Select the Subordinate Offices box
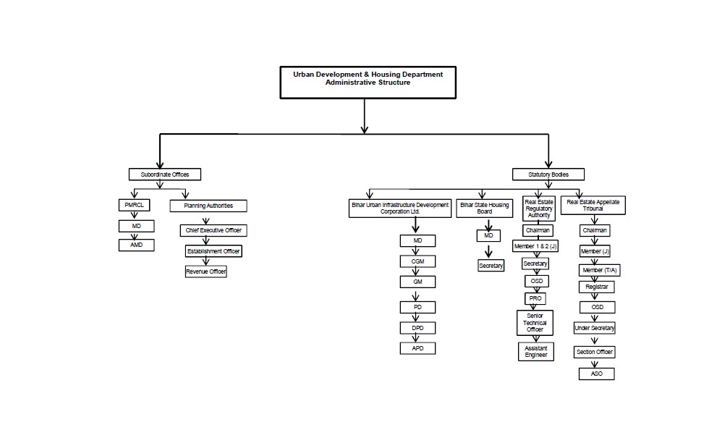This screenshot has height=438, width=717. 165,174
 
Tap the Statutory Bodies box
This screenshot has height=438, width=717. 548,174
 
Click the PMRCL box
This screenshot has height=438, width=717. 134,206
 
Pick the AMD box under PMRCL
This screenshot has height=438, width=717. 137,245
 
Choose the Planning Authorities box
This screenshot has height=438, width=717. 208,206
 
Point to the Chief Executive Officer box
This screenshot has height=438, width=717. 213,231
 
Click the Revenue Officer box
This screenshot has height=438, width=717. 206,271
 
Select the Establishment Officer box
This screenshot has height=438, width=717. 213,251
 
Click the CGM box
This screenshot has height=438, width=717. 417,261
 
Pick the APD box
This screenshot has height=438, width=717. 417,348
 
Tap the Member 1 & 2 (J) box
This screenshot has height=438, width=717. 536,247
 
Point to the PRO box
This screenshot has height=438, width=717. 535,298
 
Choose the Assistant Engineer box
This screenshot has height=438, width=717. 536,352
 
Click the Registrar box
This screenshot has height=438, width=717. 597,287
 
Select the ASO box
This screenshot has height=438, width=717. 597,374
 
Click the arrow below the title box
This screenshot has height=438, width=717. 365,116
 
